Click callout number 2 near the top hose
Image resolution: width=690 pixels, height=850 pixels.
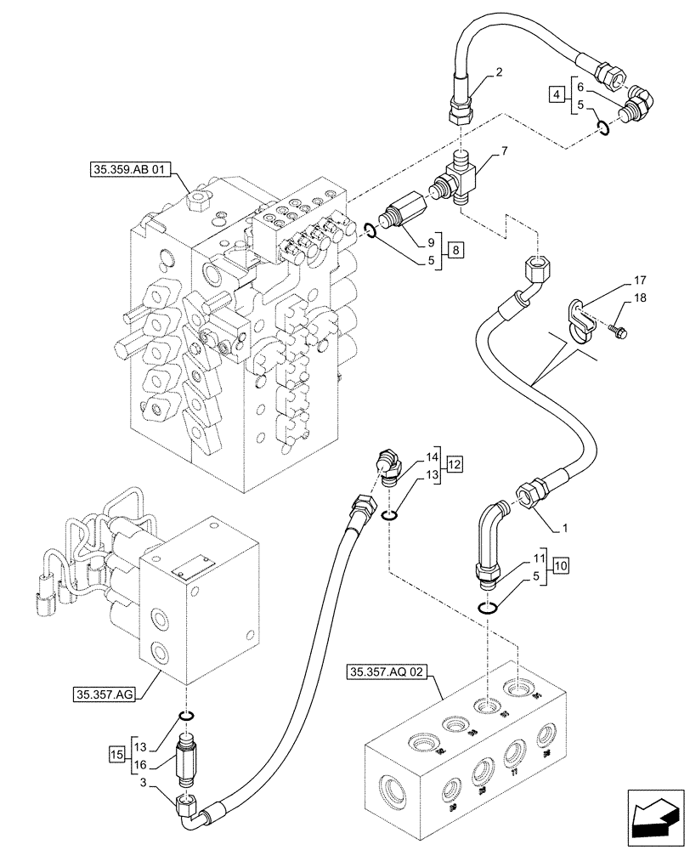(x=499, y=73)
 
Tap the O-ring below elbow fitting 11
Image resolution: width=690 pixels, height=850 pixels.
(x=488, y=608)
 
